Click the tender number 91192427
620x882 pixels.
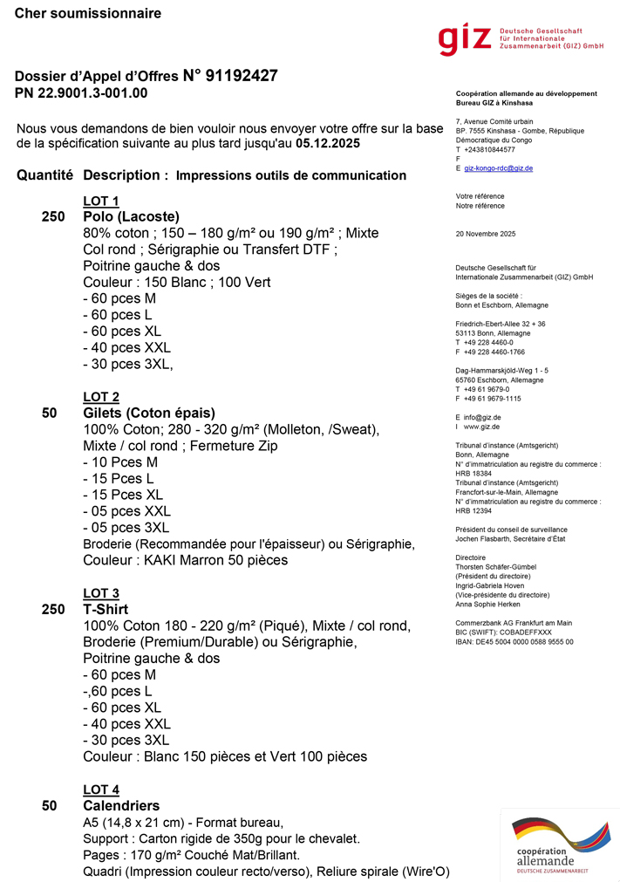[x=242, y=76]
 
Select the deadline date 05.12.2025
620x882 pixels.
[x=327, y=143]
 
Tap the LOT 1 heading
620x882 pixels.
[x=101, y=202]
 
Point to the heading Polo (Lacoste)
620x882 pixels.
[x=131, y=217]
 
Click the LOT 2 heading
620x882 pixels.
[x=101, y=398]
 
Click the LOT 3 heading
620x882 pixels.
[x=101, y=594]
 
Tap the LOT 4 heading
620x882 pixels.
[x=101, y=790]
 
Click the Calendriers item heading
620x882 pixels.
[x=121, y=806]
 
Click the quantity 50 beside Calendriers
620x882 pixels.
[x=49, y=806]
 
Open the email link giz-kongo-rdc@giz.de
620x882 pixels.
[x=498, y=168]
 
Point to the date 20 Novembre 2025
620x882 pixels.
[x=486, y=234]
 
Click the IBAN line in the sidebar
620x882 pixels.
[x=514, y=641]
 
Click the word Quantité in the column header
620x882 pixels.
[x=44, y=175]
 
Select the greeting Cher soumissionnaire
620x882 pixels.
[x=88, y=14]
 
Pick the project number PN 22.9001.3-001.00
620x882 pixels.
[x=81, y=93]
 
